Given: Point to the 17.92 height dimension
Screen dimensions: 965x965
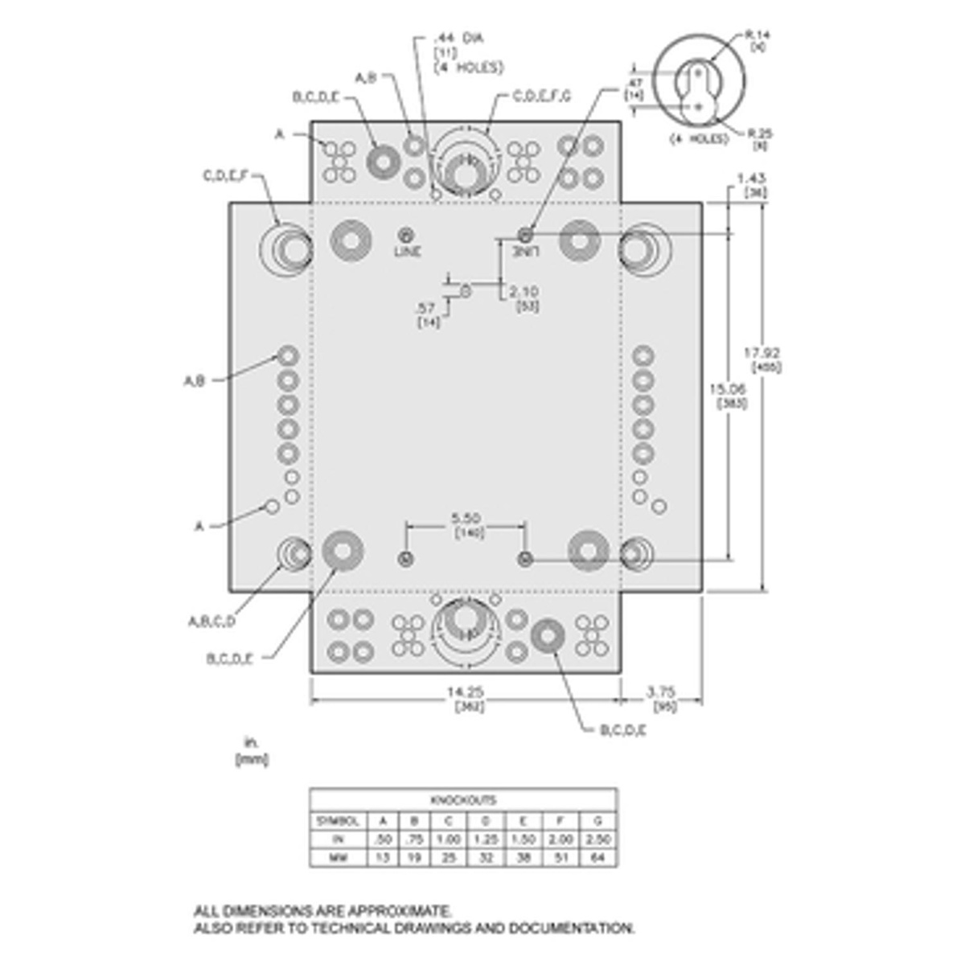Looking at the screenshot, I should pyautogui.click(x=762, y=352).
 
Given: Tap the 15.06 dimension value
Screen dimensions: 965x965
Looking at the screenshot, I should pyautogui.click(x=730, y=388).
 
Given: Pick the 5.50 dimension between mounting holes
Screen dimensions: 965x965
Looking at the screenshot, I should pyautogui.click(x=466, y=519).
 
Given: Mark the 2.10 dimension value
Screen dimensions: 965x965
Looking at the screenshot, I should pyautogui.click(x=524, y=292).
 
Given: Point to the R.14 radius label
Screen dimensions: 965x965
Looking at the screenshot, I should pyautogui.click(x=758, y=35).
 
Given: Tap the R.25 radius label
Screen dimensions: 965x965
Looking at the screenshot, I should pyautogui.click(x=760, y=133).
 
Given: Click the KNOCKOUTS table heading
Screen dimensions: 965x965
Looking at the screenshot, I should pyautogui.click(x=464, y=800).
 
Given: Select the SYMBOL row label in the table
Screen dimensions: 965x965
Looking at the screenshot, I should pyautogui.click(x=339, y=821).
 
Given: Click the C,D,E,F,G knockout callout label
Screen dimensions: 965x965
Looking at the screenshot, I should pyautogui.click(x=542, y=97).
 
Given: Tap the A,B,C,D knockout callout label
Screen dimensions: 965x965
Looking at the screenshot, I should pyautogui.click(x=211, y=621).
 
